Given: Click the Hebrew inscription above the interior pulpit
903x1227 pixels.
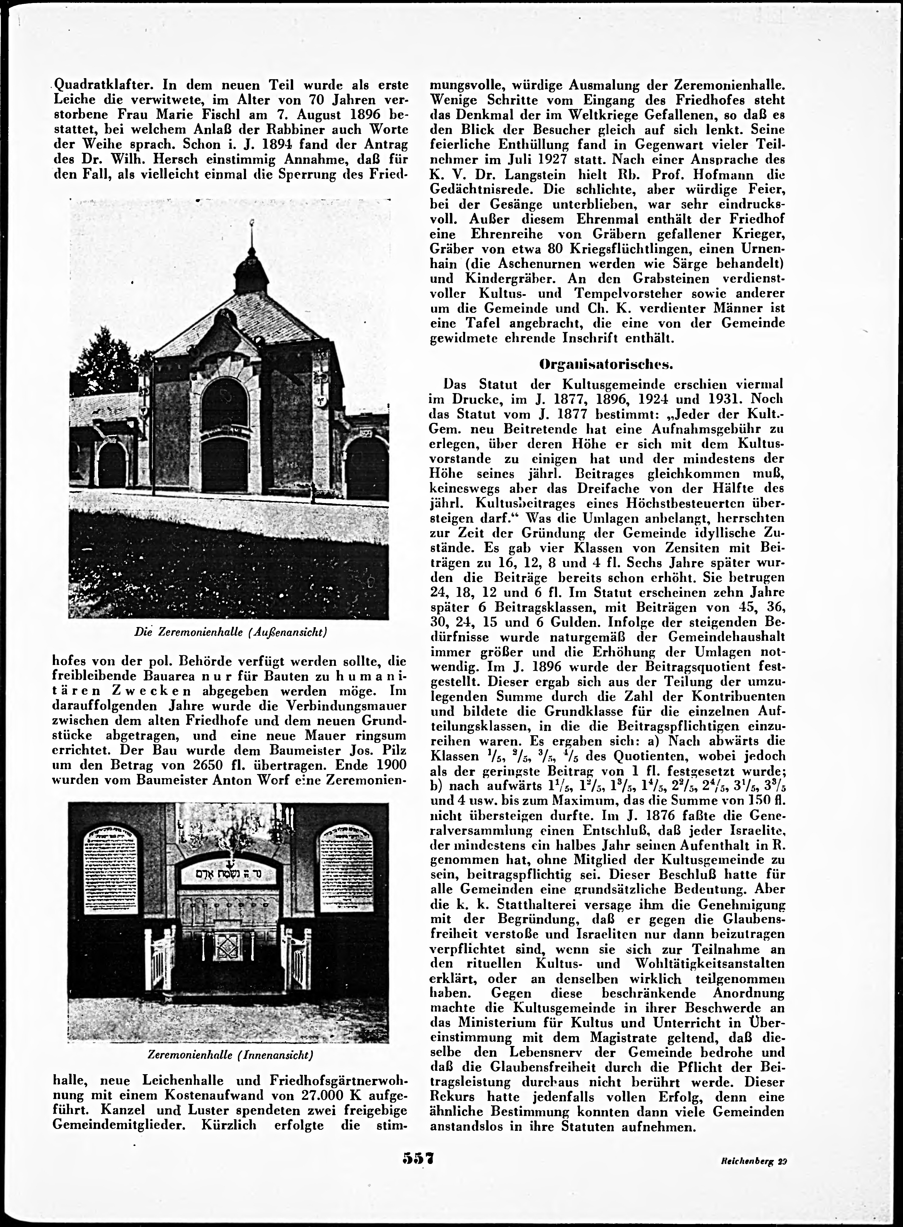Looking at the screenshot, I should (228, 874).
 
